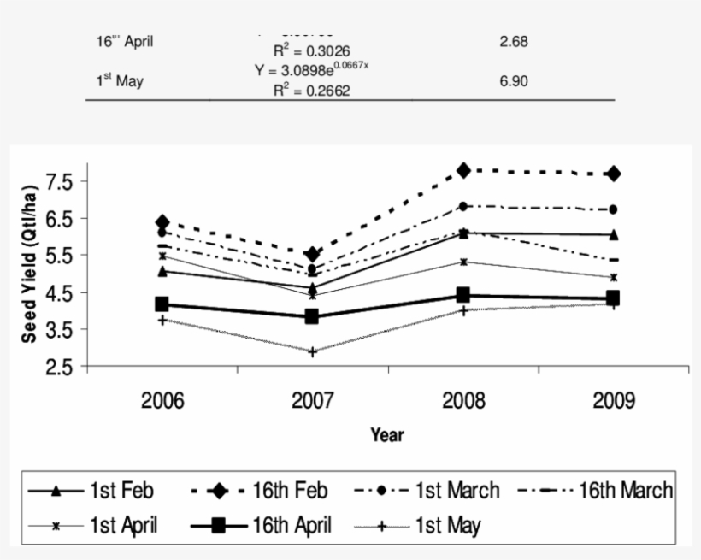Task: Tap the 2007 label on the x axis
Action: (x=313, y=401)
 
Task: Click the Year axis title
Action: (x=387, y=434)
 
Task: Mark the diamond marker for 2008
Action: (x=463, y=171)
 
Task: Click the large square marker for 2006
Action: (x=162, y=304)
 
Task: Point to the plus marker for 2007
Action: (x=313, y=351)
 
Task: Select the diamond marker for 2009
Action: (x=613, y=174)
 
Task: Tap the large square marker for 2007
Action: (x=313, y=316)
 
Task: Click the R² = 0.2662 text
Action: (x=311, y=91)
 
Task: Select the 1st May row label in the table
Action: (x=120, y=81)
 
